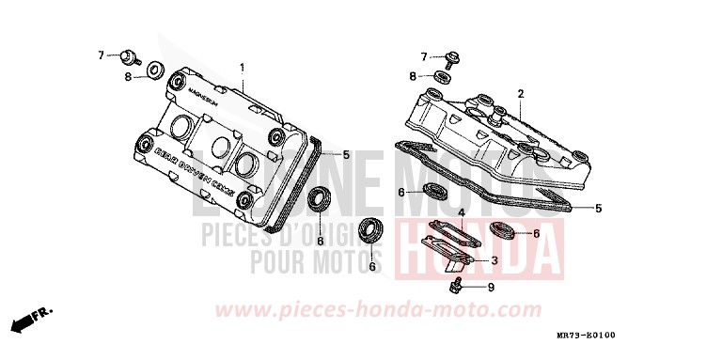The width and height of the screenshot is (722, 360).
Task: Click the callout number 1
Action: pyautogui.click(x=242, y=68)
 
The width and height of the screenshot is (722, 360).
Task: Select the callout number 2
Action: pyautogui.click(x=520, y=93)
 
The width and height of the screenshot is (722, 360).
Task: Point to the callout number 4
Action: pyautogui.click(x=461, y=213)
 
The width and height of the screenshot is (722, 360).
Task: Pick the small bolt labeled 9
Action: pyautogui.click(x=458, y=284)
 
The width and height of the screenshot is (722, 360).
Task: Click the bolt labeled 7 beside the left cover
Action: pyautogui.click(x=130, y=56)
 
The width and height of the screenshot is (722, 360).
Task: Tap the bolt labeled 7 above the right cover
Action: pyautogui.click(x=454, y=58)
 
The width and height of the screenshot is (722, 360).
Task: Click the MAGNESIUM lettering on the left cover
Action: pyautogui.click(x=203, y=97)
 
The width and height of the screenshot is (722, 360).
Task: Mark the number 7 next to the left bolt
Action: pyautogui.click(x=102, y=56)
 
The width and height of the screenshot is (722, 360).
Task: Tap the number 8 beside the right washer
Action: pyautogui.click(x=412, y=75)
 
